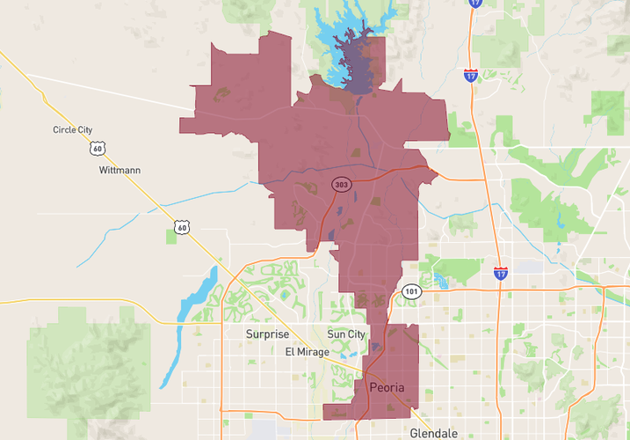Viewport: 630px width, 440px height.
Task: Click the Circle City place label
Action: [x=73, y=130]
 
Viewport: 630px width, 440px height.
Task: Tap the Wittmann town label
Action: [x=120, y=170]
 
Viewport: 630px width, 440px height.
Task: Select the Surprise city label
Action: [x=266, y=334]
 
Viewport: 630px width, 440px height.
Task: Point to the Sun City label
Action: [x=346, y=334]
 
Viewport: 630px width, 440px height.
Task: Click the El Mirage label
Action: [x=308, y=352]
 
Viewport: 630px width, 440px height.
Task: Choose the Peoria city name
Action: [x=387, y=387]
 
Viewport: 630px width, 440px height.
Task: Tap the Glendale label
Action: [x=433, y=433]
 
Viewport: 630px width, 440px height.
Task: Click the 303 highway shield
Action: [x=341, y=185]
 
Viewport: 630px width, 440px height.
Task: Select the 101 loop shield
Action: [x=411, y=291]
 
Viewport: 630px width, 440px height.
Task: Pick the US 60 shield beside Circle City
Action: [x=97, y=149]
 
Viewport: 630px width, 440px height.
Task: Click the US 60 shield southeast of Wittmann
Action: [x=181, y=227]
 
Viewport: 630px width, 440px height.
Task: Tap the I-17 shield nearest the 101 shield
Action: [x=500, y=273]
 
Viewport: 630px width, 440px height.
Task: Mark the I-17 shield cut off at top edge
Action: [x=475, y=4]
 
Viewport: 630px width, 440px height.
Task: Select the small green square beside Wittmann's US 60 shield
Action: [x=170, y=237]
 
